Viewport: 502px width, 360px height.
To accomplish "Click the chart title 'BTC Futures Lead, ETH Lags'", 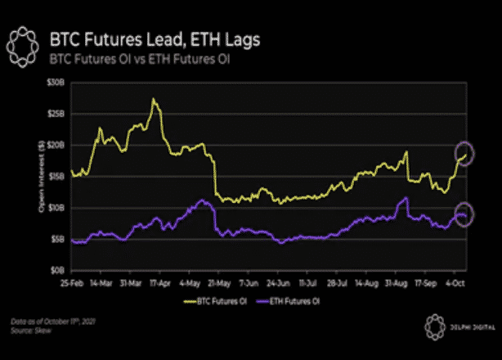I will (x=157, y=38).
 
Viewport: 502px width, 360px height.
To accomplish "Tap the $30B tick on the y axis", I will (x=55, y=83).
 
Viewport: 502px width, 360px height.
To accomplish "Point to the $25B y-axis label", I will (x=55, y=114).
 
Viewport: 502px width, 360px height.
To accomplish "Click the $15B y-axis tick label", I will (x=55, y=176).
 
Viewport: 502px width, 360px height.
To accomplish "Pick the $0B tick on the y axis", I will (x=56, y=269).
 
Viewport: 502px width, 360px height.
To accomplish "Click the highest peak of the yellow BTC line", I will (x=153, y=100).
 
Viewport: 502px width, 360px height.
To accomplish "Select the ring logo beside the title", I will (x=25, y=44).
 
